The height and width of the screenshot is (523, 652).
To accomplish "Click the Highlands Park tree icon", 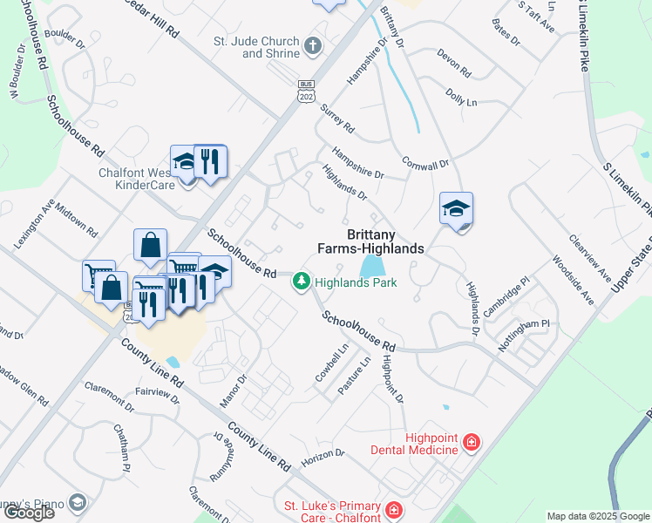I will (301, 281).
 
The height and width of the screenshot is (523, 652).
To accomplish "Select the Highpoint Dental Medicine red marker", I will (472, 443).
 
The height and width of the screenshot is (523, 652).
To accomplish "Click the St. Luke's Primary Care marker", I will (394, 509).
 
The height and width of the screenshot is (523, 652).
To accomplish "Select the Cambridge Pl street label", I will (506, 296).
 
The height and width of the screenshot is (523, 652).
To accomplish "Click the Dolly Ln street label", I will (461, 97).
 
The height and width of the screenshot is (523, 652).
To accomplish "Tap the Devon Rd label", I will (452, 62).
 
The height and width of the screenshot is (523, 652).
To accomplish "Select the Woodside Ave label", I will (573, 279).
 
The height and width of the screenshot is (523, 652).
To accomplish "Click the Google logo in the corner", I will (29, 513).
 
